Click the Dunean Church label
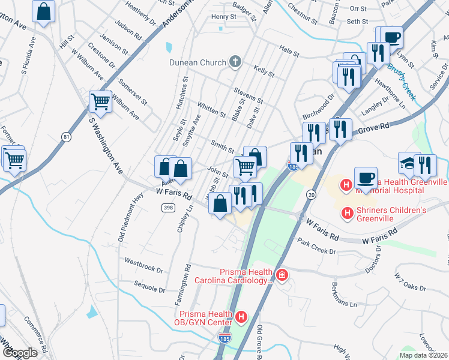click(196, 62)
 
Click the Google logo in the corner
click(19, 353)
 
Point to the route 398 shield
click(167, 207)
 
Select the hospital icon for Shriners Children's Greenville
click(346, 212)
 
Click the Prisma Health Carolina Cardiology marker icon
click(282, 275)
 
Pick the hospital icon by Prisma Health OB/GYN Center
click(241, 316)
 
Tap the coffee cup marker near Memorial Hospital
click(365, 178)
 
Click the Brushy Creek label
click(402, 77)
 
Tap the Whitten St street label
click(211, 109)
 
